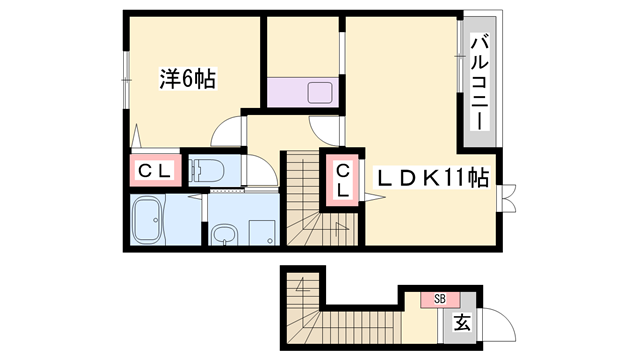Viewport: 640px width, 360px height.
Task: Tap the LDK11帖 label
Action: [x=432, y=179]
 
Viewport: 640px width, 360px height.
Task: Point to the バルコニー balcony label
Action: [x=479, y=80]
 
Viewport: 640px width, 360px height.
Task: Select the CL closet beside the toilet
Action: [x=154, y=171]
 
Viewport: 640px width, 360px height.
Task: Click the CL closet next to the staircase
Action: [x=341, y=179]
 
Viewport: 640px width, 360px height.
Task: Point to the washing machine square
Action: [x=262, y=232]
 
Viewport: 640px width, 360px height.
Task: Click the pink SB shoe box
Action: [x=439, y=298]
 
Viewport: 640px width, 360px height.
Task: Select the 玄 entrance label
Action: [x=461, y=322]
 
